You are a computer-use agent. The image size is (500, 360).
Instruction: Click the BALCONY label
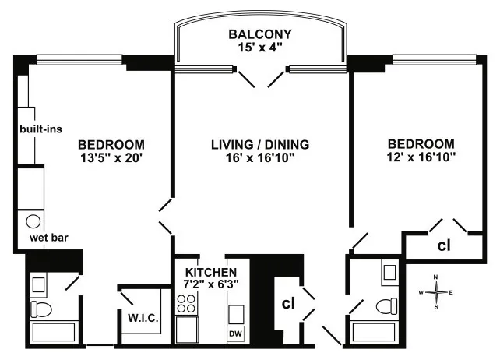click(260, 34)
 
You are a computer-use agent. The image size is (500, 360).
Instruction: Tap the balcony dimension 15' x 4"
click(260, 48)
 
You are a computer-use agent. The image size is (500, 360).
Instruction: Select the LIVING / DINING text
click(260, 145)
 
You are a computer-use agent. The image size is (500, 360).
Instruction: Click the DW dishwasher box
click(236, 334)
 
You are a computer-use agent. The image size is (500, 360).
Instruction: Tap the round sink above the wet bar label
click(33, 221)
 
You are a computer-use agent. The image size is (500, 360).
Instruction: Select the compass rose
click(437, 292)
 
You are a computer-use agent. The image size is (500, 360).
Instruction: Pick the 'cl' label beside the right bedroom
click(443, 246)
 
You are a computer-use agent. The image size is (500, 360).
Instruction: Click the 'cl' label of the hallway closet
click(287, 302)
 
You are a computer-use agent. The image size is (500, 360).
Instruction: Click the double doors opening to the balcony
click(260, 77)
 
